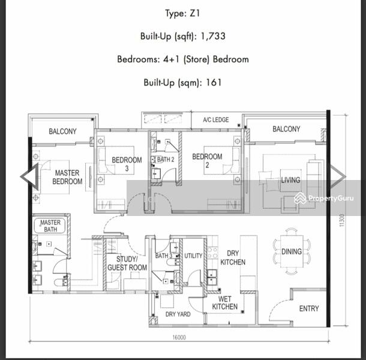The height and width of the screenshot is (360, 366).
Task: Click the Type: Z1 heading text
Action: [182, 14]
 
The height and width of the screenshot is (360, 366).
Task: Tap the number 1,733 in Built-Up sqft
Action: [213, 36]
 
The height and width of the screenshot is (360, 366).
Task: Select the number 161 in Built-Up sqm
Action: [214, 82]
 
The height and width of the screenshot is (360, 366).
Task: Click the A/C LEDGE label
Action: [216, 120]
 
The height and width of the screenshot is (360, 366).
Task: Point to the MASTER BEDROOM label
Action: [67, 177]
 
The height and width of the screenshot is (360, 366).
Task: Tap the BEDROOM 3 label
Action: [127, 164]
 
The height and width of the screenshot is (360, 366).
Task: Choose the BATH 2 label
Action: [166, 160]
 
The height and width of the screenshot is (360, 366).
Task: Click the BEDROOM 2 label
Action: [207, 161]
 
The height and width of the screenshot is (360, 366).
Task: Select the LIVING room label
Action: [290, 180]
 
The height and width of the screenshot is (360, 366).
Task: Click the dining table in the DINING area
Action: [292, 251]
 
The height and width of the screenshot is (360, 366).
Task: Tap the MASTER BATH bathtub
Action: [49, 226]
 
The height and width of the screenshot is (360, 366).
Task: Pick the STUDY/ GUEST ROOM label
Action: [127, 263]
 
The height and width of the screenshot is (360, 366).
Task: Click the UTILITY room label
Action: [193, 256]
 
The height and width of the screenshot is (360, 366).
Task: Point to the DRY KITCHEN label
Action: [233, 258]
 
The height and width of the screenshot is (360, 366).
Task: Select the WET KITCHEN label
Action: [225, 303]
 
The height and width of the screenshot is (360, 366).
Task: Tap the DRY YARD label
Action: [178, 314]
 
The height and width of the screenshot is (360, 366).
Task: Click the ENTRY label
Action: [309, 308]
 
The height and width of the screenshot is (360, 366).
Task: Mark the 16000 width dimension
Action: [179, 337]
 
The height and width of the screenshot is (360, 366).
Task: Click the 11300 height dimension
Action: [341, 220]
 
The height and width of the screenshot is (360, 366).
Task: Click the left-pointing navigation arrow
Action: [29, 177]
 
